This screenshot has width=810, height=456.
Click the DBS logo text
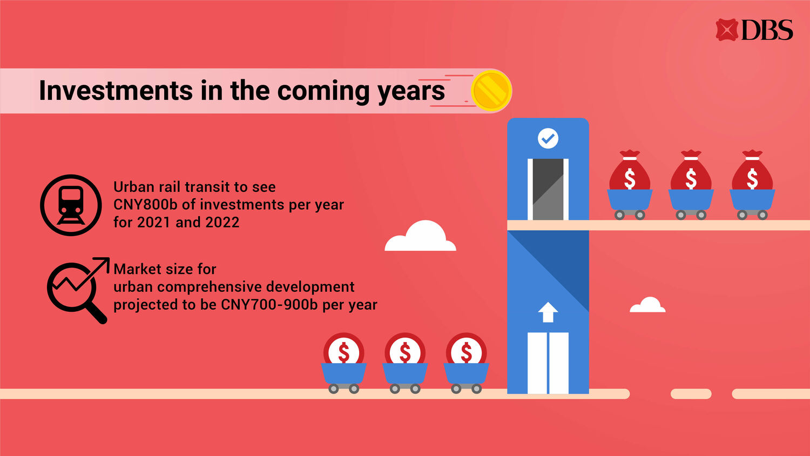(x=767, y=30)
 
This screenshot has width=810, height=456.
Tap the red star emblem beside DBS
(x=726, y=30)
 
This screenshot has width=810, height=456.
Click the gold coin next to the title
(x=491, y=90)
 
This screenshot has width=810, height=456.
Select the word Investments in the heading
(x=116, y=90)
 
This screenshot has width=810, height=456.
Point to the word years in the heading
(x=411, y=92)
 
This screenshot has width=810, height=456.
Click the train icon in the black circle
(x=71, y=205)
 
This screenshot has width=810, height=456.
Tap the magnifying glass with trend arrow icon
(x=78, y=290)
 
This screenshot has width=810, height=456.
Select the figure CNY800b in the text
(x=145, y=205)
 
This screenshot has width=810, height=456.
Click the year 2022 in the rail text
(x=222, y=223)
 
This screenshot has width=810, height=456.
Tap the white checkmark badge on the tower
(x=548, y=138)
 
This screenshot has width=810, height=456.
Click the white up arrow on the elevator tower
(x=548, y=312)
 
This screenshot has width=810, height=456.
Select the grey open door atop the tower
(x=548, y=189)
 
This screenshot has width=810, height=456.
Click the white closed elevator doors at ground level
(x=548, y=363)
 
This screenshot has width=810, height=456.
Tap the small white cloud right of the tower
(x=647, y=305)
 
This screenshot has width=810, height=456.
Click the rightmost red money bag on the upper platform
(x=752, y=170)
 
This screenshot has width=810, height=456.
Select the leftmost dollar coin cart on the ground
(x=343, y=363)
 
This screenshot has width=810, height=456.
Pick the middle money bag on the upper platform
(x=691, y=170)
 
